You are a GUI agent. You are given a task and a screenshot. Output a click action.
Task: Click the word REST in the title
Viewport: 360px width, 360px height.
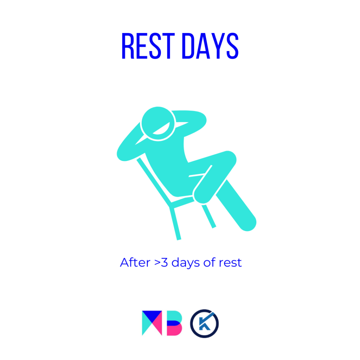(148, 46)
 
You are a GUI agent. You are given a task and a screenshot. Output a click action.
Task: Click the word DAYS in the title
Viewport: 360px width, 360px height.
(210, 46)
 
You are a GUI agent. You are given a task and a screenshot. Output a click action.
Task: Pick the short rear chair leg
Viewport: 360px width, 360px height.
(209, 217)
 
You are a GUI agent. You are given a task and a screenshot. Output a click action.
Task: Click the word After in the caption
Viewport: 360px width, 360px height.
(135, 262)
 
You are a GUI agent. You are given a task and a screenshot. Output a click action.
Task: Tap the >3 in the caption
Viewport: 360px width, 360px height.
(161, 263)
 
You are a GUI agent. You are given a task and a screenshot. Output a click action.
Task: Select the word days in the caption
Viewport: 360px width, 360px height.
(186, 263)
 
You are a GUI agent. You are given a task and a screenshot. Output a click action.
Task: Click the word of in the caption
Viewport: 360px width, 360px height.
(210, 262)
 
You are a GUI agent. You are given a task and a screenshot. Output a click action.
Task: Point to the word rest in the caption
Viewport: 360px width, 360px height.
(230, 263)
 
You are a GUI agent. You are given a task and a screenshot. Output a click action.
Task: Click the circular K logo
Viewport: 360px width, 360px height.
(204, 323)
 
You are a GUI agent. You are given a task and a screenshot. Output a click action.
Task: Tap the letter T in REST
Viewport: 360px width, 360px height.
(169, 46)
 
